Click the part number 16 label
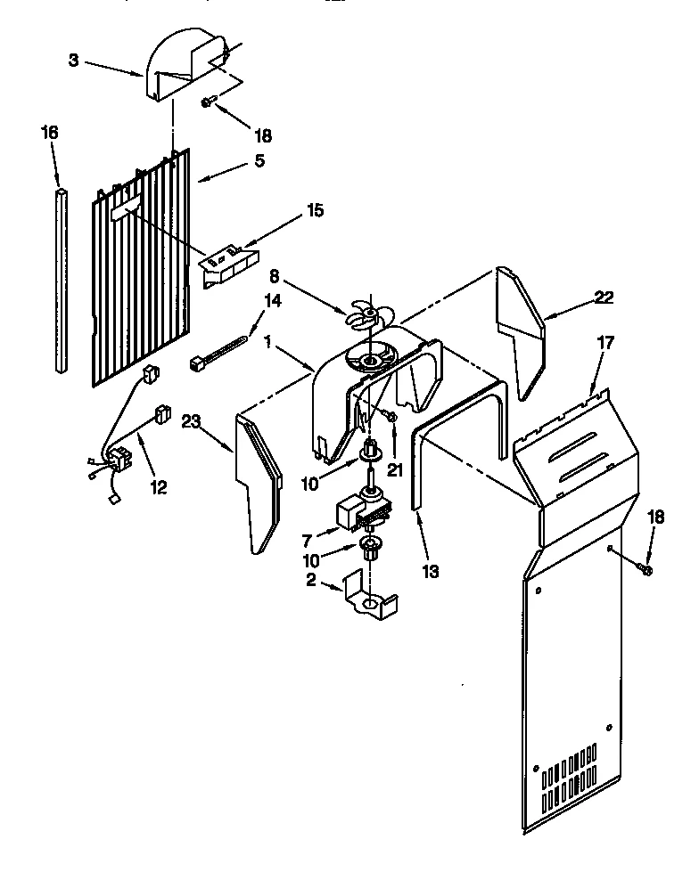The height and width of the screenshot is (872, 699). (49, 132)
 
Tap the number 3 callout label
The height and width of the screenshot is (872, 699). (73, 61)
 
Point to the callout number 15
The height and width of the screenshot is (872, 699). (315, 210)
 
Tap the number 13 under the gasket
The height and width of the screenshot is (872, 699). (431, 571)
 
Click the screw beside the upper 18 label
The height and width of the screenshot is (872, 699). (207, 103)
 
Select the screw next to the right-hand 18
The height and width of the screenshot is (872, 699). (646, 567)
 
